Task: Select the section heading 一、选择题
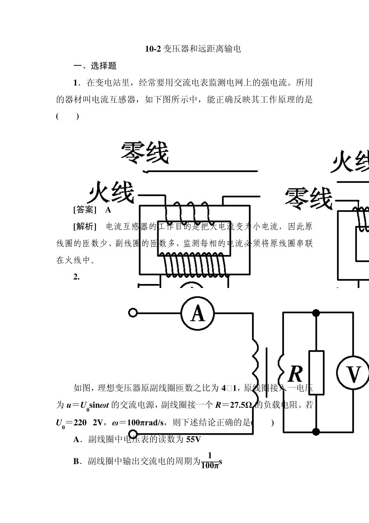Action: tap(95, 66)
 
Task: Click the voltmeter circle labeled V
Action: tap(353, 374)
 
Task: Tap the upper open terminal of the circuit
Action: tap(132, 312)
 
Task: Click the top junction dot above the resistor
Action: tap(316, 312)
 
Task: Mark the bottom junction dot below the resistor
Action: tap(316, 431)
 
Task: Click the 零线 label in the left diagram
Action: tap(144, 153)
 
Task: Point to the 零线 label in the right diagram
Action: tap(309, 198)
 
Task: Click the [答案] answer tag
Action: tap(85, 210)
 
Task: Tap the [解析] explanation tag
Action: tap(85, 226)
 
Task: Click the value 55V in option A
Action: tap(193, 440)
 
